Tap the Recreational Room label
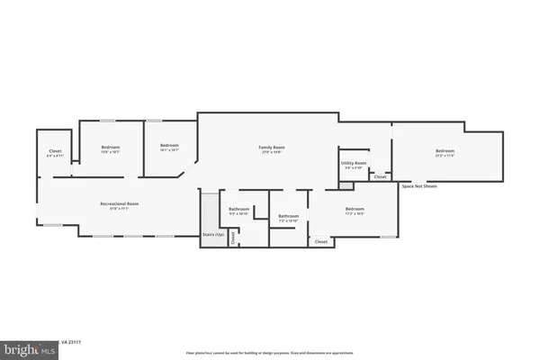point(119,204)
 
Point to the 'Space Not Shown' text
point(418,186)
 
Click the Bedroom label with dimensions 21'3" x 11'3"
point(445,150)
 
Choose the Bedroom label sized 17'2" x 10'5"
point(355,211)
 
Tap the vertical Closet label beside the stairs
point(233,238)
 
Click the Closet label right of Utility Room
point(381,177)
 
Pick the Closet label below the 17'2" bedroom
point(321,241)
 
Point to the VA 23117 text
point(71,342)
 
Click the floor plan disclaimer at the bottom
point(270,353)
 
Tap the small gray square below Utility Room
point(345,184)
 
